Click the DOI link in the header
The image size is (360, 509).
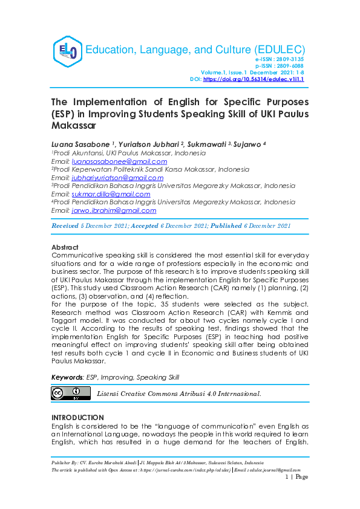254,79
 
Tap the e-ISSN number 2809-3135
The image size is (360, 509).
289,60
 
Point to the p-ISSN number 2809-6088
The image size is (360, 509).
289,66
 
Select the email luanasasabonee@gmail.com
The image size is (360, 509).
119,161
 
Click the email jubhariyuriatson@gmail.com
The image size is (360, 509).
117,178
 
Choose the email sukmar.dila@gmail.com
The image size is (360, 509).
111,194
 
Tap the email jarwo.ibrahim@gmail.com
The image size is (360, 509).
113,210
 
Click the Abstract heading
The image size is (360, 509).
65,248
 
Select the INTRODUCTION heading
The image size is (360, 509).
77,418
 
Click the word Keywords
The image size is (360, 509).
67,377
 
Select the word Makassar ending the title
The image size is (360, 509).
74,126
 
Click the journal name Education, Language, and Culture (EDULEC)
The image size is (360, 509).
195,50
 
